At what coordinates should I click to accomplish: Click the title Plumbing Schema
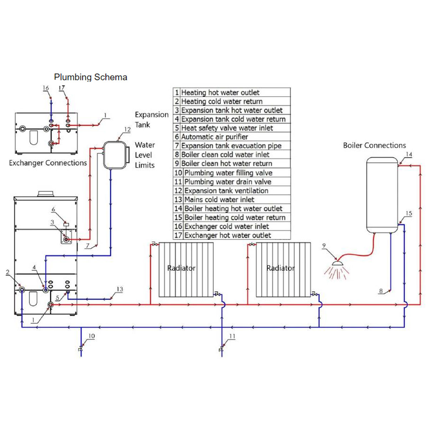pyautogui.click(x=91, y=77)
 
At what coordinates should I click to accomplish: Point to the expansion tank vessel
pyautogui.click(x=114, y=155)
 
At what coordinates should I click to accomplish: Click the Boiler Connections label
pyautogui.click(x=374, y=146)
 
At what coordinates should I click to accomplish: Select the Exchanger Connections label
pyautogui.click(x=48, y=163)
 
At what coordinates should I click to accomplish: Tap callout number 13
pyautogui.click(x=120, y=289)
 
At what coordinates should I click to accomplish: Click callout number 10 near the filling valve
pyautogui.click(x=91, y=336)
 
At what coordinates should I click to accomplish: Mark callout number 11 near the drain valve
pyautogui.click(x=232, y=336)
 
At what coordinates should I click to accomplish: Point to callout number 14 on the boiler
pyautogui.click(x=409, y=154)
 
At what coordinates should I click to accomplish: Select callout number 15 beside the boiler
pyautogui.click(x=409, y=213)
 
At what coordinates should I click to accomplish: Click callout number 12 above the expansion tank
pyautogui.click(x=127, y=129)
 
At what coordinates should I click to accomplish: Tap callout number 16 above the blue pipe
pyautogui.click(x=46, y=88)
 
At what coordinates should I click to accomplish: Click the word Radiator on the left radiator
pyautogui.click(x=181, y=268)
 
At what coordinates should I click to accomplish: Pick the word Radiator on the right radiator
pyautogui.click(x=280, y=268)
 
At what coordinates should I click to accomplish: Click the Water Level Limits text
pyautogui.click(x=145, y=155)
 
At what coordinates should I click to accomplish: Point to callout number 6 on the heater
pyautogui.click(x=53, y=210)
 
